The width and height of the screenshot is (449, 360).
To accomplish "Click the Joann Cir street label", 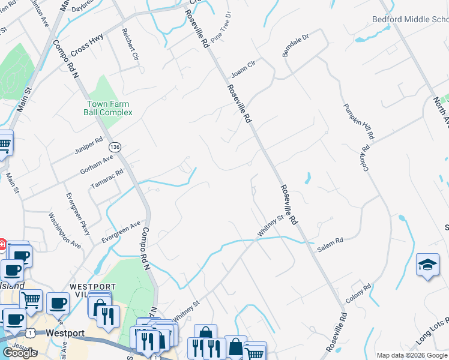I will tap(243, 72).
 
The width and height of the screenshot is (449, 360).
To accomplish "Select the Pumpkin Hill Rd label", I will tap(358, 121).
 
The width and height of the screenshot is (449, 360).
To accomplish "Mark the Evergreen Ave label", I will tap(120, 232).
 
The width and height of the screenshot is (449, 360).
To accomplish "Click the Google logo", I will tap(19, 353).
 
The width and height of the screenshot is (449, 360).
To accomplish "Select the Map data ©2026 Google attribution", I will tap(412, 355).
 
